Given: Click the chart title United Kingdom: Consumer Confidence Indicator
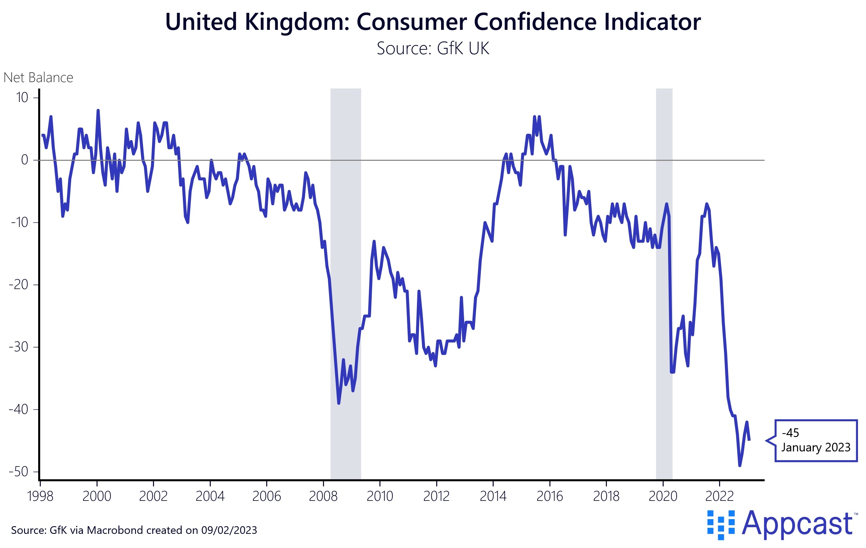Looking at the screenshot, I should click(x=433, y=21).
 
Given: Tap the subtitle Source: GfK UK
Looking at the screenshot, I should click(x=433, y=48).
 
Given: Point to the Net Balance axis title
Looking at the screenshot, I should click(x=38, y=78).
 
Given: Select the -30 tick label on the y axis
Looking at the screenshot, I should click(x=19, y=347).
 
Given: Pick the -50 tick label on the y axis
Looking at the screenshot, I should click(x=19, y=471).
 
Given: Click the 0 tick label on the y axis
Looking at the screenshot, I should click(x=24, y=160).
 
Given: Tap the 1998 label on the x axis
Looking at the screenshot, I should click(x=40, y=497).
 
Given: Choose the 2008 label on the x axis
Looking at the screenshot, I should click(x=323, y=497).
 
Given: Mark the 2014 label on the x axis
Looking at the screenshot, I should click(x=493, y=497).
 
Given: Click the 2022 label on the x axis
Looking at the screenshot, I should click(x=719, y=497).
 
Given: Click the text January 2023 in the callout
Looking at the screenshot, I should click(x=816, y=447).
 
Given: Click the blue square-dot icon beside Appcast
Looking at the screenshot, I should click(x=721, y=525).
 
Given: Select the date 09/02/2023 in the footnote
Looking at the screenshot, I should click(x=229, y=530).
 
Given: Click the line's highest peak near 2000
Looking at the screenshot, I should click(x=98, y=110).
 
